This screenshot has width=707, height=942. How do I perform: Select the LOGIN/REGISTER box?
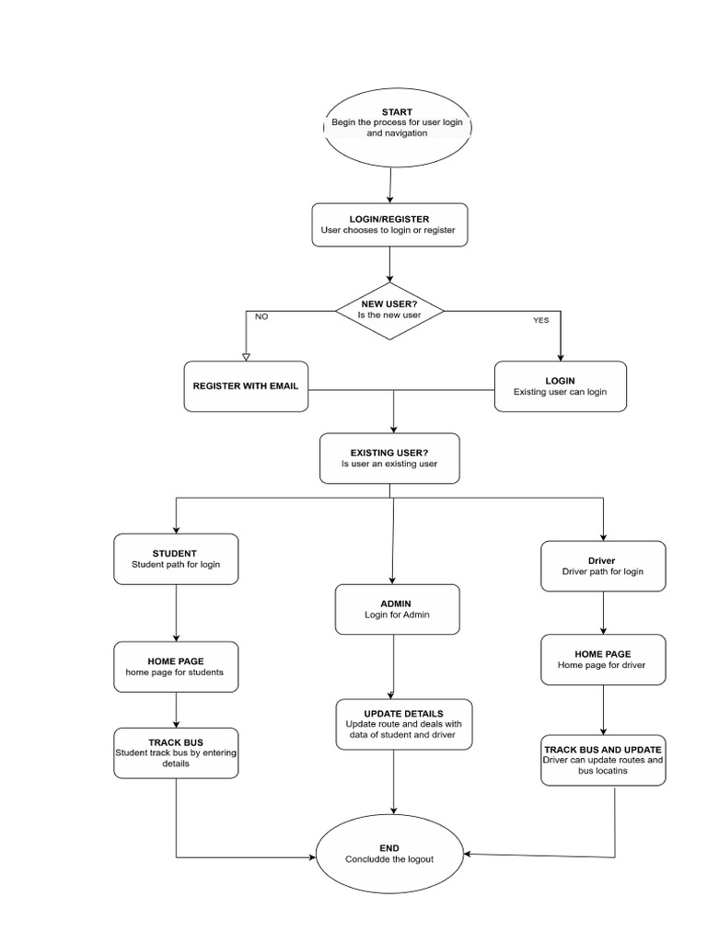(389, 224)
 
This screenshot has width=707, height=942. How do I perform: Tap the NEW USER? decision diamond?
(390, 310)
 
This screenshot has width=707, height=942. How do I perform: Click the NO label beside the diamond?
(261, 316)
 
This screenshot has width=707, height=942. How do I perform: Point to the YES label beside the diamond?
(540, 320)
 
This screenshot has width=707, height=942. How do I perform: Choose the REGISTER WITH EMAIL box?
(246, 386)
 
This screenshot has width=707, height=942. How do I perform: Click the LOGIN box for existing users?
(560, 385)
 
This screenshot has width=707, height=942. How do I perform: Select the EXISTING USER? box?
(389, 458)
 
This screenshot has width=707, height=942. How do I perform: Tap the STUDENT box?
(176, 558)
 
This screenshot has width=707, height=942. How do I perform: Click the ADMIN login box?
(397, 609)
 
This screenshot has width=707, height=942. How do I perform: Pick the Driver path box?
(602, 566)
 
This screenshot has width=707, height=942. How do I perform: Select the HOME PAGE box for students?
(176, 666)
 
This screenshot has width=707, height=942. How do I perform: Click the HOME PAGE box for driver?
(602, 660)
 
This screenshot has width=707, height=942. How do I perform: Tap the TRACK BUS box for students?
(176, 752)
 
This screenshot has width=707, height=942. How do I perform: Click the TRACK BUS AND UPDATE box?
(603, 759)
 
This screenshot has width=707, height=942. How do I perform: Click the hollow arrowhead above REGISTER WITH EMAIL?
(246, 356)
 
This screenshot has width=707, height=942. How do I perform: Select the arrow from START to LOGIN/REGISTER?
(391, 184)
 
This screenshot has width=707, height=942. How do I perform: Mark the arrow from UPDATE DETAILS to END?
(394, 782)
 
